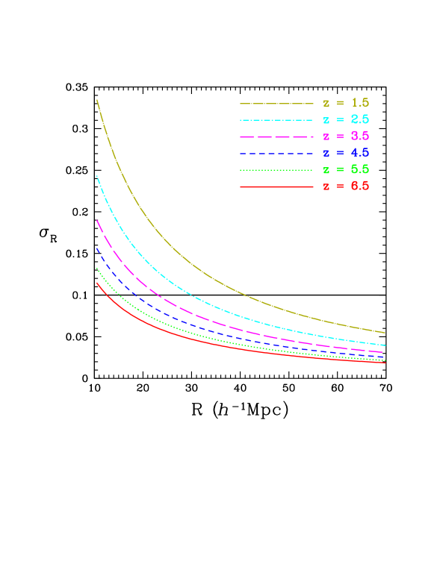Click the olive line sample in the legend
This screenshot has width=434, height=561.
tap(276, 103)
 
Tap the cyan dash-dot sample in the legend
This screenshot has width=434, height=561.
tap(276, 120)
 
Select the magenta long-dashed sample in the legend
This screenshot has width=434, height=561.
tap(276, 137)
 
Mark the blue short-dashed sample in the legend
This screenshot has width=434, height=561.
tap(276, 153)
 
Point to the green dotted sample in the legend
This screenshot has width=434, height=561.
tap(276, 170)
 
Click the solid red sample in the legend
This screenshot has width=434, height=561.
tap(276, 187)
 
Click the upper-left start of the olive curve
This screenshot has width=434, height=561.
tap(97, 100)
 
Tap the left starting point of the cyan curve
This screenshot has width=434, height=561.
tap(97, 176)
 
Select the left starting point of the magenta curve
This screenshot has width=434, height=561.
tap(97, 221)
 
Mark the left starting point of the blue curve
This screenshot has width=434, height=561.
tap(97, 248)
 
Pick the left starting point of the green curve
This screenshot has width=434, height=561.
tap(97, 269)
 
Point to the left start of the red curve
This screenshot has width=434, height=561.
tap(97, 283)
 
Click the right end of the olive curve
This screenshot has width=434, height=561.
tap(385, 332)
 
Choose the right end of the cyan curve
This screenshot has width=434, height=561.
tap(385, 345)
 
